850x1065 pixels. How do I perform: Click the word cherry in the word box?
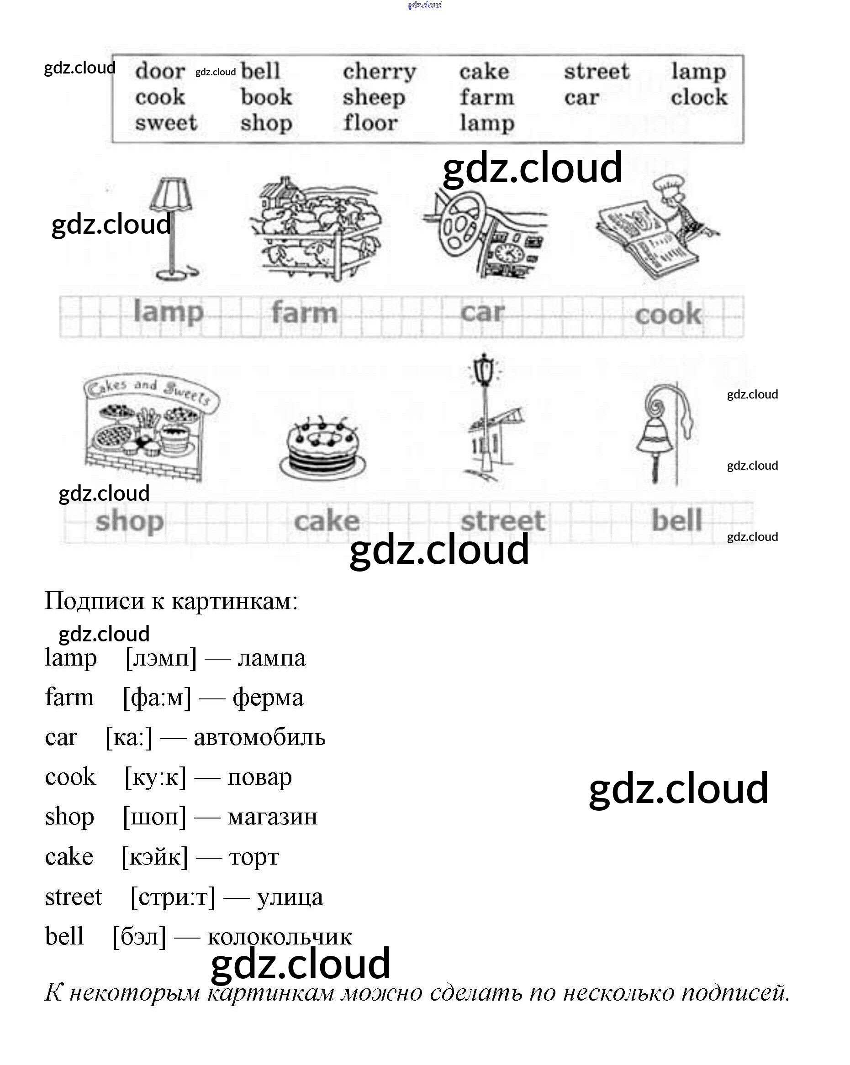[x=379, y=72]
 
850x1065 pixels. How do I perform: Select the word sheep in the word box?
[x=374, y=97]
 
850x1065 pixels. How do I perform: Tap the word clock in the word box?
[x=699, y=97]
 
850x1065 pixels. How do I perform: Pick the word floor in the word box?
[x=370, y=122]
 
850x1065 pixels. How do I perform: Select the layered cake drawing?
[x=323, y=450]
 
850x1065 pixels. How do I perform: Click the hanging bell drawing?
[x=657, y=435]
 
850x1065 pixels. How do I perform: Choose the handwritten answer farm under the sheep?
[x=304, y=313]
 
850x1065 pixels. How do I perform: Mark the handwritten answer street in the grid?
[x=502, y=521]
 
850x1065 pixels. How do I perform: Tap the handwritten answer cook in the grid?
[x=668, y=315]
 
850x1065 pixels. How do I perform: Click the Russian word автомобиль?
[x=259, y=738]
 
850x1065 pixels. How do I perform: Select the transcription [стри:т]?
[x=173, y=897]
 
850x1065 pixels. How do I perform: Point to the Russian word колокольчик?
[x=279, y=937]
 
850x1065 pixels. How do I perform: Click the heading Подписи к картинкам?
[x=171, y=601]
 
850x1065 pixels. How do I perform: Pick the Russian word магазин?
[x=272, y=817]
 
